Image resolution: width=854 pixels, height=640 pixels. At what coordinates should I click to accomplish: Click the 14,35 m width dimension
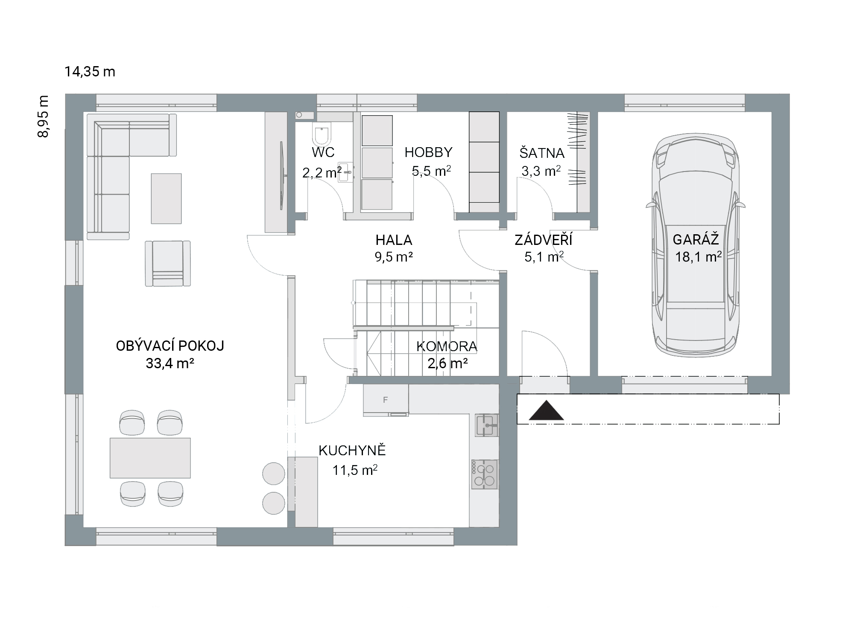(90, 72)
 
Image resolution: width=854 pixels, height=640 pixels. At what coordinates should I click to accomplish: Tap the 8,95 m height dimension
(43, 116)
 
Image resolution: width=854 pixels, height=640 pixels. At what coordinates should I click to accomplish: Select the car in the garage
(696, 245)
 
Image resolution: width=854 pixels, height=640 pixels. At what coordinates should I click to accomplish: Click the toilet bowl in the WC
(322, 135)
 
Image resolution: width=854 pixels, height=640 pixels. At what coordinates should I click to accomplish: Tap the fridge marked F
(386, 399)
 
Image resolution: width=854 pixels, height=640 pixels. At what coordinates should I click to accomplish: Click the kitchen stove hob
(485, 474)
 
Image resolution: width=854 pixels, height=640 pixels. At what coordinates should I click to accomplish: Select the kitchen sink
(486, 425)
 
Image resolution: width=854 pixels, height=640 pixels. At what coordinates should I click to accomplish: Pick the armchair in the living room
(168, 263)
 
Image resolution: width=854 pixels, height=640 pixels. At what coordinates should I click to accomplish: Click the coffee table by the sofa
(166, 198)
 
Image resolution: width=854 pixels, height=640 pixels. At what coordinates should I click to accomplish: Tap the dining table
(150, 458)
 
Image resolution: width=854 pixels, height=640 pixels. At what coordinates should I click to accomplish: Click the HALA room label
(394, 240)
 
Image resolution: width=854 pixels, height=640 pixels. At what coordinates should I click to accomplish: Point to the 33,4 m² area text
(170, 364)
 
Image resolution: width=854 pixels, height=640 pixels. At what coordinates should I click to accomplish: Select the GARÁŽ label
(696, 239)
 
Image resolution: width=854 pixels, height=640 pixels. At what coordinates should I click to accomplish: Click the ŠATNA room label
(542, 152)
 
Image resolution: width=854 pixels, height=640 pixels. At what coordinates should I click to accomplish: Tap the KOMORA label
(447, 346)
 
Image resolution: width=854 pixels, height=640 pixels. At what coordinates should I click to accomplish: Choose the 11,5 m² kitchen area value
(355, 470)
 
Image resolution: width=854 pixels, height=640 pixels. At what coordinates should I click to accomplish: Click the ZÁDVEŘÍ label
(543, 240)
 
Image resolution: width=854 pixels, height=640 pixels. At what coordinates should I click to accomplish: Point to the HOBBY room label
(428, 152)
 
